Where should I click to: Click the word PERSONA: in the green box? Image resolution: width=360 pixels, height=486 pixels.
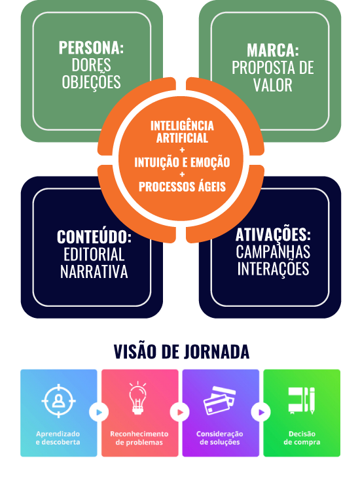click(x=91, y=48)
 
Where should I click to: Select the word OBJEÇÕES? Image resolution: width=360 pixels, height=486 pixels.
click(x=91, y=82)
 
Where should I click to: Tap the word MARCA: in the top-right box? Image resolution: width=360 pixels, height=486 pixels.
click(x=273, y=50)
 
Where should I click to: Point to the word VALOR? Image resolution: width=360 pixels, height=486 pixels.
click(x=273, y=85)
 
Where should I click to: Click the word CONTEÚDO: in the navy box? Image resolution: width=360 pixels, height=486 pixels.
click(x=94, y=237)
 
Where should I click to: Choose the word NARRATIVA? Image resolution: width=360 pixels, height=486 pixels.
click(x=94, y=271)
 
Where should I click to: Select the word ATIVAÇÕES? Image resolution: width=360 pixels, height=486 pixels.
click(x=273, y=234)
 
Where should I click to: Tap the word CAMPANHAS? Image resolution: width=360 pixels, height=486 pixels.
click(x=273, y=252)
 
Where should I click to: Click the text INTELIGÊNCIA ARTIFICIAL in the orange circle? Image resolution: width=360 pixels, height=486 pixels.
click(x=182, y=131)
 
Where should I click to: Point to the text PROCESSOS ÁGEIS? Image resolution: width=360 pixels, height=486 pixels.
click(x=182, y=186)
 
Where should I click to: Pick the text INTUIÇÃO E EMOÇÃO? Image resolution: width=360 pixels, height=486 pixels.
click(x=182, y=162)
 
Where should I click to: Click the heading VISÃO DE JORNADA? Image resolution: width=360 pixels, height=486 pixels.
click(x=181, y=351)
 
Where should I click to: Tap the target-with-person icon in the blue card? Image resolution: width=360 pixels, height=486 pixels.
click(x=58, y=401)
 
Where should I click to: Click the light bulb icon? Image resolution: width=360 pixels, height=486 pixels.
click(x=137, y=398)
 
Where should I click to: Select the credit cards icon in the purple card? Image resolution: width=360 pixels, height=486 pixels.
click(x=219, y=400)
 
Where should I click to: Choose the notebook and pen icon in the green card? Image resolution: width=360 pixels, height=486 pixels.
click(x=301, y=400)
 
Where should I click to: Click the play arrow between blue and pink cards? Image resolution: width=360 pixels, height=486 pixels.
click(x=99, y=412)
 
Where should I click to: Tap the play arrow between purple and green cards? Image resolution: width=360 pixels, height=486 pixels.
click(x=261, y=412)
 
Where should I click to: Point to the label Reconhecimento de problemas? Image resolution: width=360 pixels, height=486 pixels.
click(x=139, y=438)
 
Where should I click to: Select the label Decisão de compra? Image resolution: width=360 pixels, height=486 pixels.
click(x=302, y=438)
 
